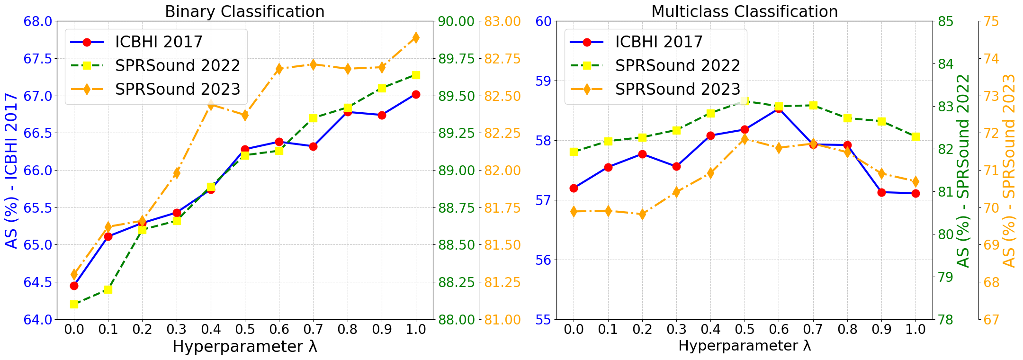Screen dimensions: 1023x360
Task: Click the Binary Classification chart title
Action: point(244,11)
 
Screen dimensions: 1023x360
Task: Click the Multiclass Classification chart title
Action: point(745,11)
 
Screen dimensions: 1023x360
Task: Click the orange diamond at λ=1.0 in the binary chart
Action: point(416,38)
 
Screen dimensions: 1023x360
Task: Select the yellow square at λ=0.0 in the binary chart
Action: point(74,304)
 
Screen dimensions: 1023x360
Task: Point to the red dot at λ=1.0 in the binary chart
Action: point(416,95)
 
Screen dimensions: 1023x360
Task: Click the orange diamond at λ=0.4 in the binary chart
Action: point(211,105)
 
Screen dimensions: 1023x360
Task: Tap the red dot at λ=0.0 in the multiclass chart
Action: point(574,188)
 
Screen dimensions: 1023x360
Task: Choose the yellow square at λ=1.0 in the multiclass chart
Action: point(915,136)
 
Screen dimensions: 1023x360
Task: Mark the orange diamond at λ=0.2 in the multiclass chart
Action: point(642,215)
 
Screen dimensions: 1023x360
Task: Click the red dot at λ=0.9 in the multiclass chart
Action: point(881,192)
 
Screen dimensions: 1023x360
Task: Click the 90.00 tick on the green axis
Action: point(457,21)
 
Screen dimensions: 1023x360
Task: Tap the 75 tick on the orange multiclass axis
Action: point(991,21)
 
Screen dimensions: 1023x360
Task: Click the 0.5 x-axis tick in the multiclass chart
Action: point(745,330)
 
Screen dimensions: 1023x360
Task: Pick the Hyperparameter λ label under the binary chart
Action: point(244,347)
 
